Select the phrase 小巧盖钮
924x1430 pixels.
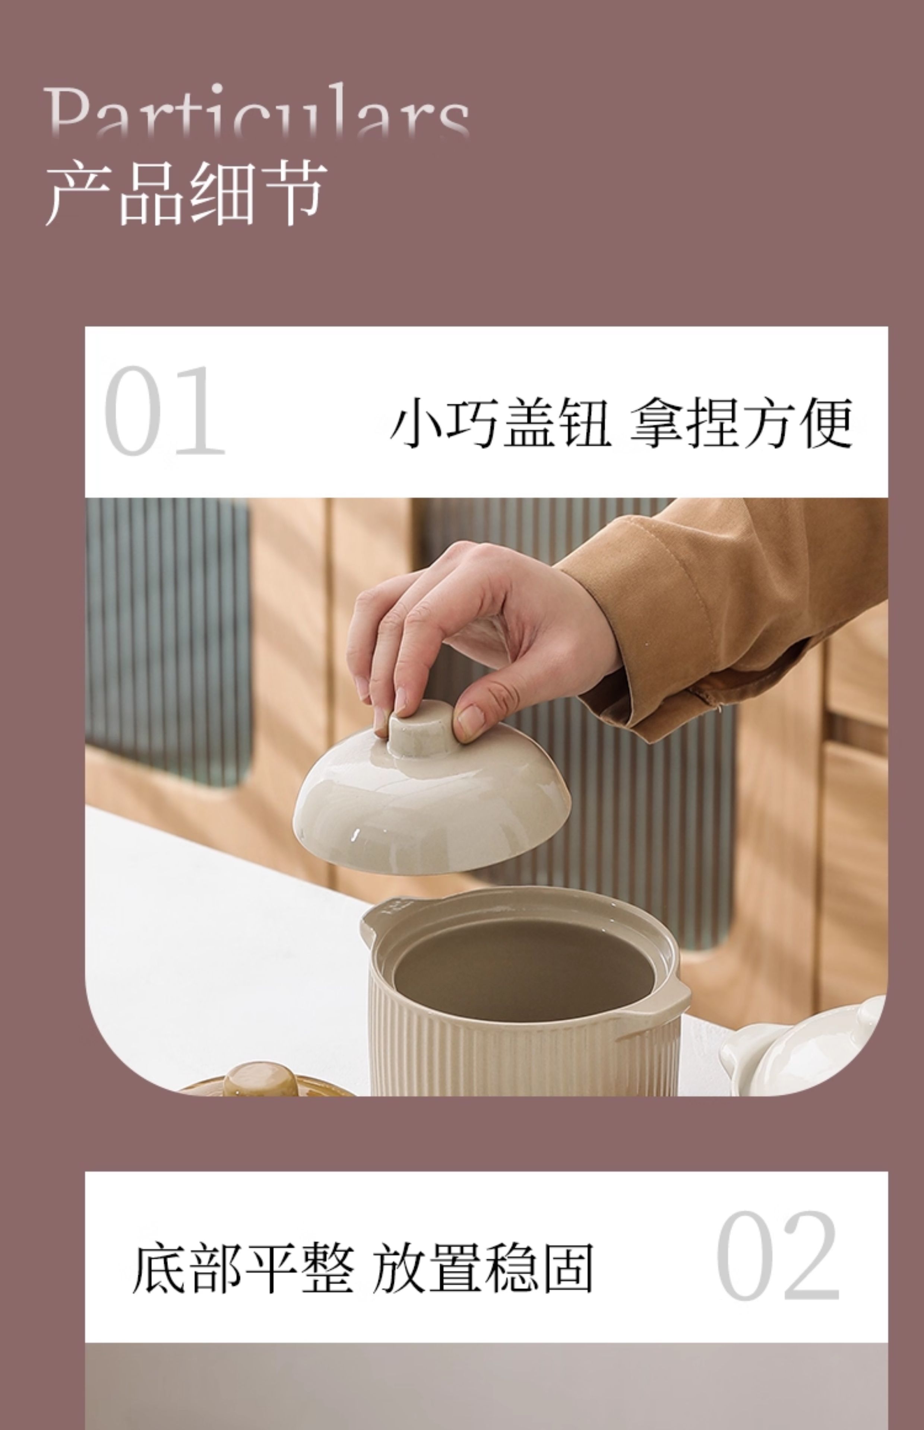(x=500, y=423)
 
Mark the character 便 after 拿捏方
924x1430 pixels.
(x=828, y=423)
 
